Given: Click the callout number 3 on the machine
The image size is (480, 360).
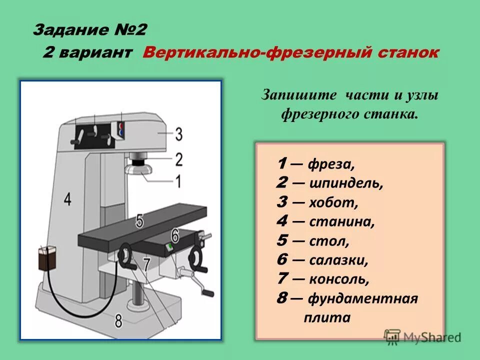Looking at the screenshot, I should click(x=178, y=134).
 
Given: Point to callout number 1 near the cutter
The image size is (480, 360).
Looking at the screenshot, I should click(x=178, y=181).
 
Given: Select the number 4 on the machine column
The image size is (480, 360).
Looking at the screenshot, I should click(x=67, y=199).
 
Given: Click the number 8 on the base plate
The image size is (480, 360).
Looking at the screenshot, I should click(x=118, y=320).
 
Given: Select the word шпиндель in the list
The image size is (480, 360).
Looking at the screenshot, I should click(x=346, y=183).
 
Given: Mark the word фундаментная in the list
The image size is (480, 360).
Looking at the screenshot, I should click(x=362, y=298).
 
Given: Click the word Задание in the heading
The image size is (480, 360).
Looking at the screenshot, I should click(x=68, y=30).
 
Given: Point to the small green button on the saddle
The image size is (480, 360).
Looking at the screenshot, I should click(x=170, y=246).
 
